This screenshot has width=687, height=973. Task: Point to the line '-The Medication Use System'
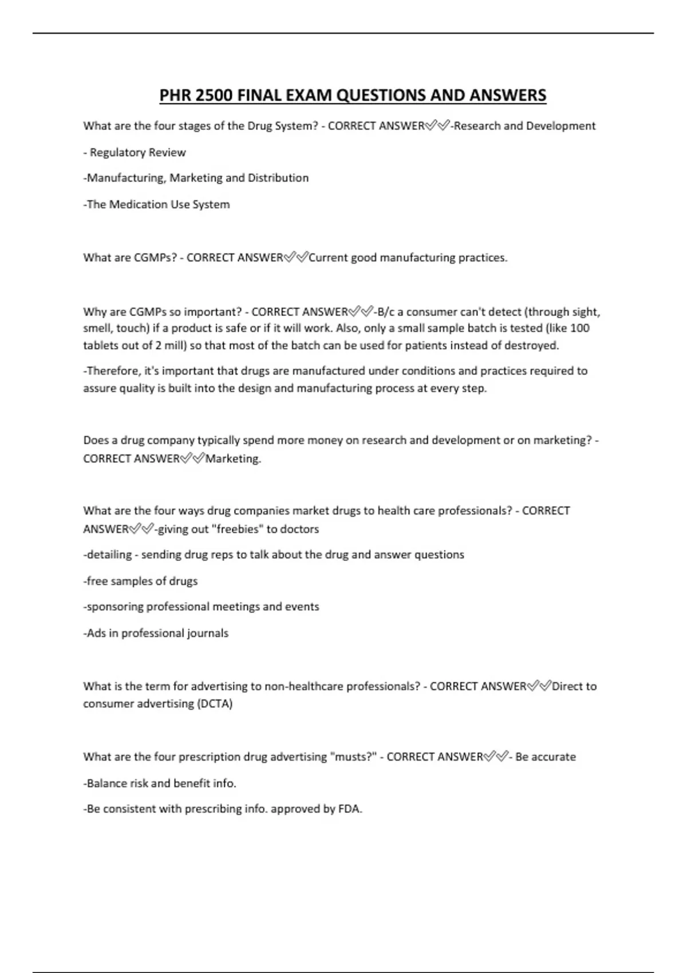(x=156, y=204)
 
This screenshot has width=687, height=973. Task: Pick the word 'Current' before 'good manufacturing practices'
(x=328, y=258)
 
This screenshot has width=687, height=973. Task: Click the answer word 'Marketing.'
(x=233, y=458)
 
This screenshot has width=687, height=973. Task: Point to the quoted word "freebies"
(x=238, y=529)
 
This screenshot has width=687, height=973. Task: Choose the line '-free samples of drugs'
(x=140, y=581)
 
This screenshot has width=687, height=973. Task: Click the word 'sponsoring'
(x=115, y=607)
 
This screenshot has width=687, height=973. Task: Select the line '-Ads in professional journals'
(x=156, y=633)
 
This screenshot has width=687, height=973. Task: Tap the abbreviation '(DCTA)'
(x=215, y=703)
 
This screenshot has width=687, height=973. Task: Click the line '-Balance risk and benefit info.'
(x=160, y=783)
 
